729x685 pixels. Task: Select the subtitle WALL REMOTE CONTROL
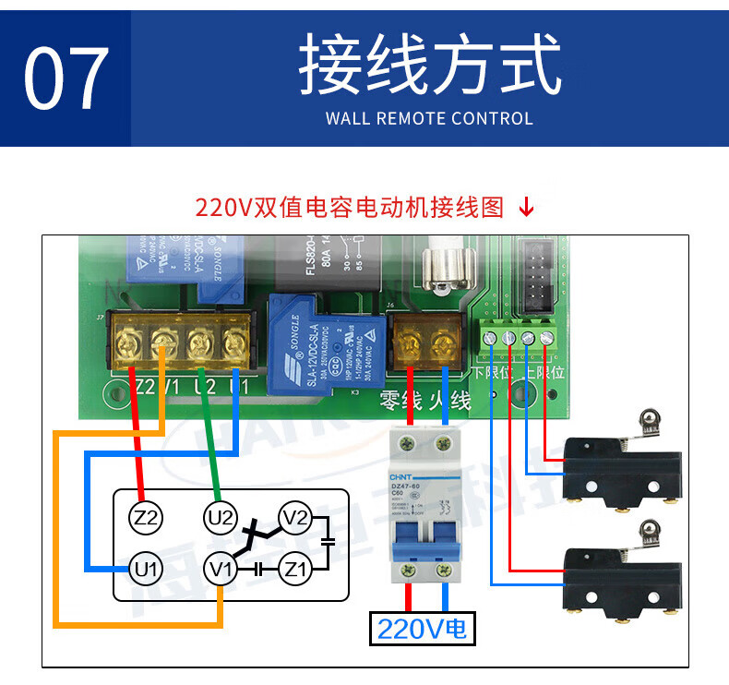pyautogui.click(x=429, y=118)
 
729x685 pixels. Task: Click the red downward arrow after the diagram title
pyautogui.click(x=526, y=207)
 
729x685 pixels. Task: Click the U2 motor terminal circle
pyautogui.click(x=221, y=518)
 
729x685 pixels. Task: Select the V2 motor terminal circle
pyautogui.click(x=295, y=518)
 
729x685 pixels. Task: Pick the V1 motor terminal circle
pyautogui.click(x=221, y=567)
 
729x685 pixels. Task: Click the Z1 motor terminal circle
pyautogui.click(x=295, y=567)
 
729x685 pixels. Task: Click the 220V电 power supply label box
pyautogui.click(x=423, y=630)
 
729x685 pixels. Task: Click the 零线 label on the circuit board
pyautogui.click(x=399, y=402)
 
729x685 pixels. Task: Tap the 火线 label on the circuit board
pyautogui.click(x=449, y=402)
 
